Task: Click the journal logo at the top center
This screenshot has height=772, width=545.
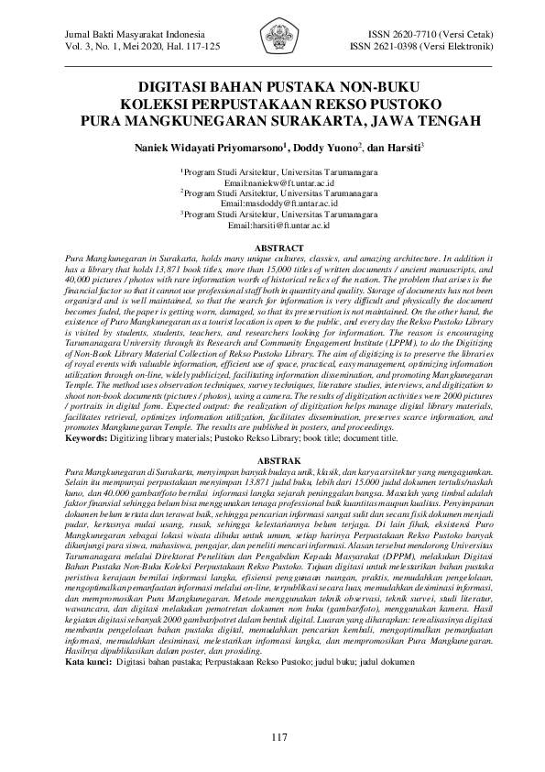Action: [x=272, y=40]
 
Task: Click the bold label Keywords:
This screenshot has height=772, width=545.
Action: [x=93, y=438]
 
